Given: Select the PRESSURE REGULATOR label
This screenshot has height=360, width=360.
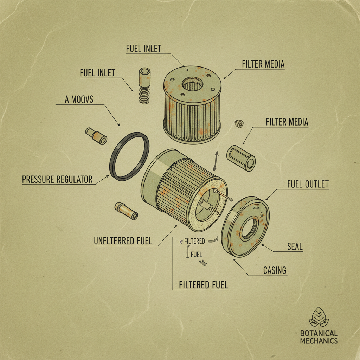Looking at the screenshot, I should tap(57, 180).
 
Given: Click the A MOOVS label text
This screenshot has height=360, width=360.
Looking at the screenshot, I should tap(79, 99).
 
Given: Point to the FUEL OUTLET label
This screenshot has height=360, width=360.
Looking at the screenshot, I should tap(308, 184).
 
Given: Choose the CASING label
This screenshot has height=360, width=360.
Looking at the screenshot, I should tap(275, 270).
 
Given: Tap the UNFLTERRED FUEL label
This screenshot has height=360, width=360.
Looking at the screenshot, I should tap(123, 241).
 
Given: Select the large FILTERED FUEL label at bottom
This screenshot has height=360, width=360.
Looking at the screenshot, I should tap(203, 285).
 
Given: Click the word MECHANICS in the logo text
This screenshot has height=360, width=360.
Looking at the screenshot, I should tap(319, 341).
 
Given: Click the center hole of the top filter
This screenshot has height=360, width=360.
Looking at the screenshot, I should tap(192, 84).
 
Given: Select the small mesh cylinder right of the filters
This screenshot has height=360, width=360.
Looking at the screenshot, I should tap(241, 158).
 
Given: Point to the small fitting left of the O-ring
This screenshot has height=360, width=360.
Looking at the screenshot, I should tap(96, 136).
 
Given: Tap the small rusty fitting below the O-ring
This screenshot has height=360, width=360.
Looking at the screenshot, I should tap(126, 211).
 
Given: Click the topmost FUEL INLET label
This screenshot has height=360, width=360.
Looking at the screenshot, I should tap(143, 49).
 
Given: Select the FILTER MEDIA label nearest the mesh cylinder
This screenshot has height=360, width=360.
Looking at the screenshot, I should tap(287, 122).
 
